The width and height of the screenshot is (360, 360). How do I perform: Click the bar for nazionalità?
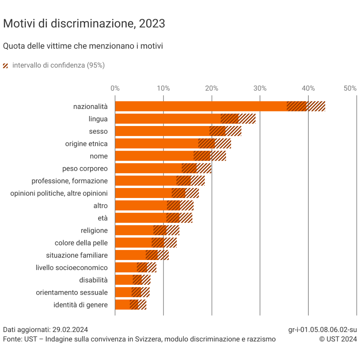[200, 106]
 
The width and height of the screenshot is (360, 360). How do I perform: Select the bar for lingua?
[167, 119]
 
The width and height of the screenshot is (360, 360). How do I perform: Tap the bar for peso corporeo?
[148, 168]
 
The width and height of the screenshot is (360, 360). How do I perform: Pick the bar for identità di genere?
[122, 304]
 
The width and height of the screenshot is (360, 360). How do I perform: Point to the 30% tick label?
[260, 88]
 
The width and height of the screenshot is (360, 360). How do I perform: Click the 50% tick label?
[350, 88]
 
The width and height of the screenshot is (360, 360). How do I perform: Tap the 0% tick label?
[115, 88]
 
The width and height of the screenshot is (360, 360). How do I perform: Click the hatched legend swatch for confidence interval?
[5, 66]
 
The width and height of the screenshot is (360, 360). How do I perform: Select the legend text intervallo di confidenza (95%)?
[59, 65]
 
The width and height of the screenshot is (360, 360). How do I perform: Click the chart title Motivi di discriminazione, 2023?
[84, 24]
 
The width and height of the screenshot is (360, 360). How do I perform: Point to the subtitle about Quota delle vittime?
[83, 46]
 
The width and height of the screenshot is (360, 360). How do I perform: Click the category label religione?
[94, 230]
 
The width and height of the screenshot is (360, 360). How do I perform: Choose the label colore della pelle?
[81, 243]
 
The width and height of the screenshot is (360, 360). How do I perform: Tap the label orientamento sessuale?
[72, 292]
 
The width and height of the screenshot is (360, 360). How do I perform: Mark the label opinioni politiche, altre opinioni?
[59, 193]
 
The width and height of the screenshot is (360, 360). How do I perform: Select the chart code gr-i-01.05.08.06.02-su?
[322, 330]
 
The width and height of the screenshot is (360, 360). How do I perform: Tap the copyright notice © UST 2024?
[338, 339]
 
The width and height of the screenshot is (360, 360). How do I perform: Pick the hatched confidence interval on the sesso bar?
[225, 131]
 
